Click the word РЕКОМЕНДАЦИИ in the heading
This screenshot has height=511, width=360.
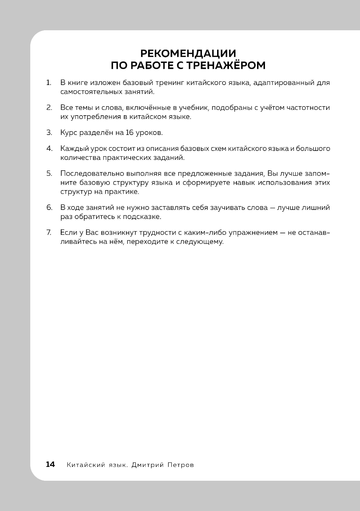(x=188, y=54)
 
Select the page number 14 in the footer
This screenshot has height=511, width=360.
(x=50, y=465)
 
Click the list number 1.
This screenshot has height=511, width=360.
(x=48, y=83)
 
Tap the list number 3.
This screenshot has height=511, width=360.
(x=49, y=133)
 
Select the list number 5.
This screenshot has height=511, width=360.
(x=49, y=173)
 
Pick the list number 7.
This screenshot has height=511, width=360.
(x=49, y=232)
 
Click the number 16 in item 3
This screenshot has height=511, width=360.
(x=130, y=133)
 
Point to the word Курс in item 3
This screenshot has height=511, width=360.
(x=68, y=133)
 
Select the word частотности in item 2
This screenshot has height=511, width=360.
(x=308, y=108)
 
